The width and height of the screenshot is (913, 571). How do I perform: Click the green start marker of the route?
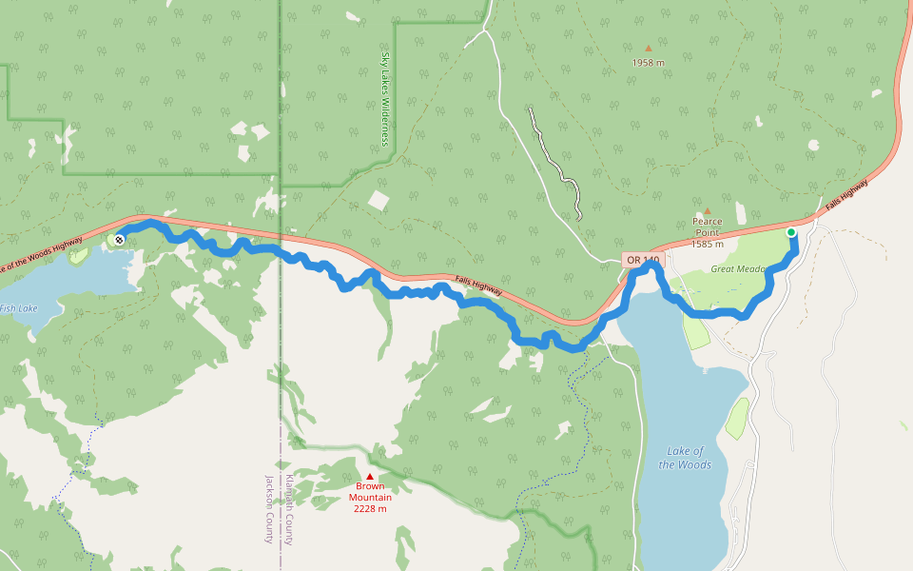pos(790,232)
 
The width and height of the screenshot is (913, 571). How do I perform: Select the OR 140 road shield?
pos(642,260)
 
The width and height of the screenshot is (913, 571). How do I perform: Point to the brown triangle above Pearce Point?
pos(707,211)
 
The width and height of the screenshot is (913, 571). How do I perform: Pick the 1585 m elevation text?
pos(707,245)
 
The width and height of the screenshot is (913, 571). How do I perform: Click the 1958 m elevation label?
pos(648,63)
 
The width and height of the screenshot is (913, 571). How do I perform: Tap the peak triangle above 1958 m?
pos(649,48)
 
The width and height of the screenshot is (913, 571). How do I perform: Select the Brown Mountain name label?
pos(370,492)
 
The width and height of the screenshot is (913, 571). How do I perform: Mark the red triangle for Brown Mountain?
pos(370,476)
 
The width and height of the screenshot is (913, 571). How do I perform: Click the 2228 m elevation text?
pos(370,509)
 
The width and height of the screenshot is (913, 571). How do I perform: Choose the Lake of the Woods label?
pos(685,458)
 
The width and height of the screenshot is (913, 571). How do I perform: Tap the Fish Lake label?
pos(18,307)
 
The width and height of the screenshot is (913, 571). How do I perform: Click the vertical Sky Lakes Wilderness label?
pos(385,100)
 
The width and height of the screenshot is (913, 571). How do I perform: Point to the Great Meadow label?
pos(738,269)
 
